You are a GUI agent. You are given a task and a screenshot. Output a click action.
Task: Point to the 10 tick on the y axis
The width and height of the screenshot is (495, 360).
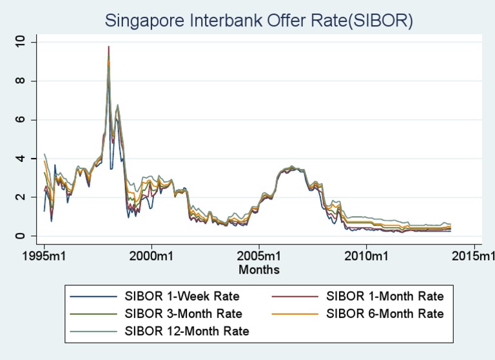click(x=24, y=42)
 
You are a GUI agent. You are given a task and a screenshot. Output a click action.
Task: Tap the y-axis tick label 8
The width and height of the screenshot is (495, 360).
click(x=24, y=81)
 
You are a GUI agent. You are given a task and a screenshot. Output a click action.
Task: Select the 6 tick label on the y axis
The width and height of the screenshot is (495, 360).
click(x=24, y=120)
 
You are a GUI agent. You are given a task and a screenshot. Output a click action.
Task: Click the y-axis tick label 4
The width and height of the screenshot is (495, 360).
click(x=24, y=159)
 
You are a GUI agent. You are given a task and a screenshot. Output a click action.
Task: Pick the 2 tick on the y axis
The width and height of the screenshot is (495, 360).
click(x=24, y=197)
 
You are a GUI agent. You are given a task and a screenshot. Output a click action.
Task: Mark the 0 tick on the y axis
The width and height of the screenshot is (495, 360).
click(x=24, y=236)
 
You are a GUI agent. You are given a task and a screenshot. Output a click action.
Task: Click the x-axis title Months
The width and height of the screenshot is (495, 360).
click(x=259, y=268)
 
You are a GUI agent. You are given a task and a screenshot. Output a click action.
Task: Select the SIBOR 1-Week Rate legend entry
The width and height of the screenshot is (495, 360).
click(x=182, y=297)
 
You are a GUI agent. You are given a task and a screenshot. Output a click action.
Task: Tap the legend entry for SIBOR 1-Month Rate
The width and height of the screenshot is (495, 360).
click(x=385, y=297)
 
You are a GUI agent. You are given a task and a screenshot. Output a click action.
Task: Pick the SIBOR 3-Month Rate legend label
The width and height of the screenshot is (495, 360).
click(x=183, y=314)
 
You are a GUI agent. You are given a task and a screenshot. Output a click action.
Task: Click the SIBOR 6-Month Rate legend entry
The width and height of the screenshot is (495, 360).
click(x=385, y=314)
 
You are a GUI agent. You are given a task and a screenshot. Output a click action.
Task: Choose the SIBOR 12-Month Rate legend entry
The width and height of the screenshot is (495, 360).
click(x=186, y=332)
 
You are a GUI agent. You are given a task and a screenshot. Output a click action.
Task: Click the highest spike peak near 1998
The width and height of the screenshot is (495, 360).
click(x=109, y=46)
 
